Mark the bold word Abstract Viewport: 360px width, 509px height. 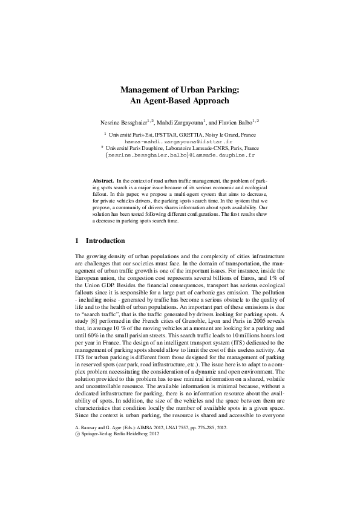[x=103, y=181]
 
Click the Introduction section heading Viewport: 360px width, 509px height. [x=105, y=241]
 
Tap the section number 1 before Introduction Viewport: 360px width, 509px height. [x=77, y=241]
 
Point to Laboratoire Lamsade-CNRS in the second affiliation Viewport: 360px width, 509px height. [x=191, y=148]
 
